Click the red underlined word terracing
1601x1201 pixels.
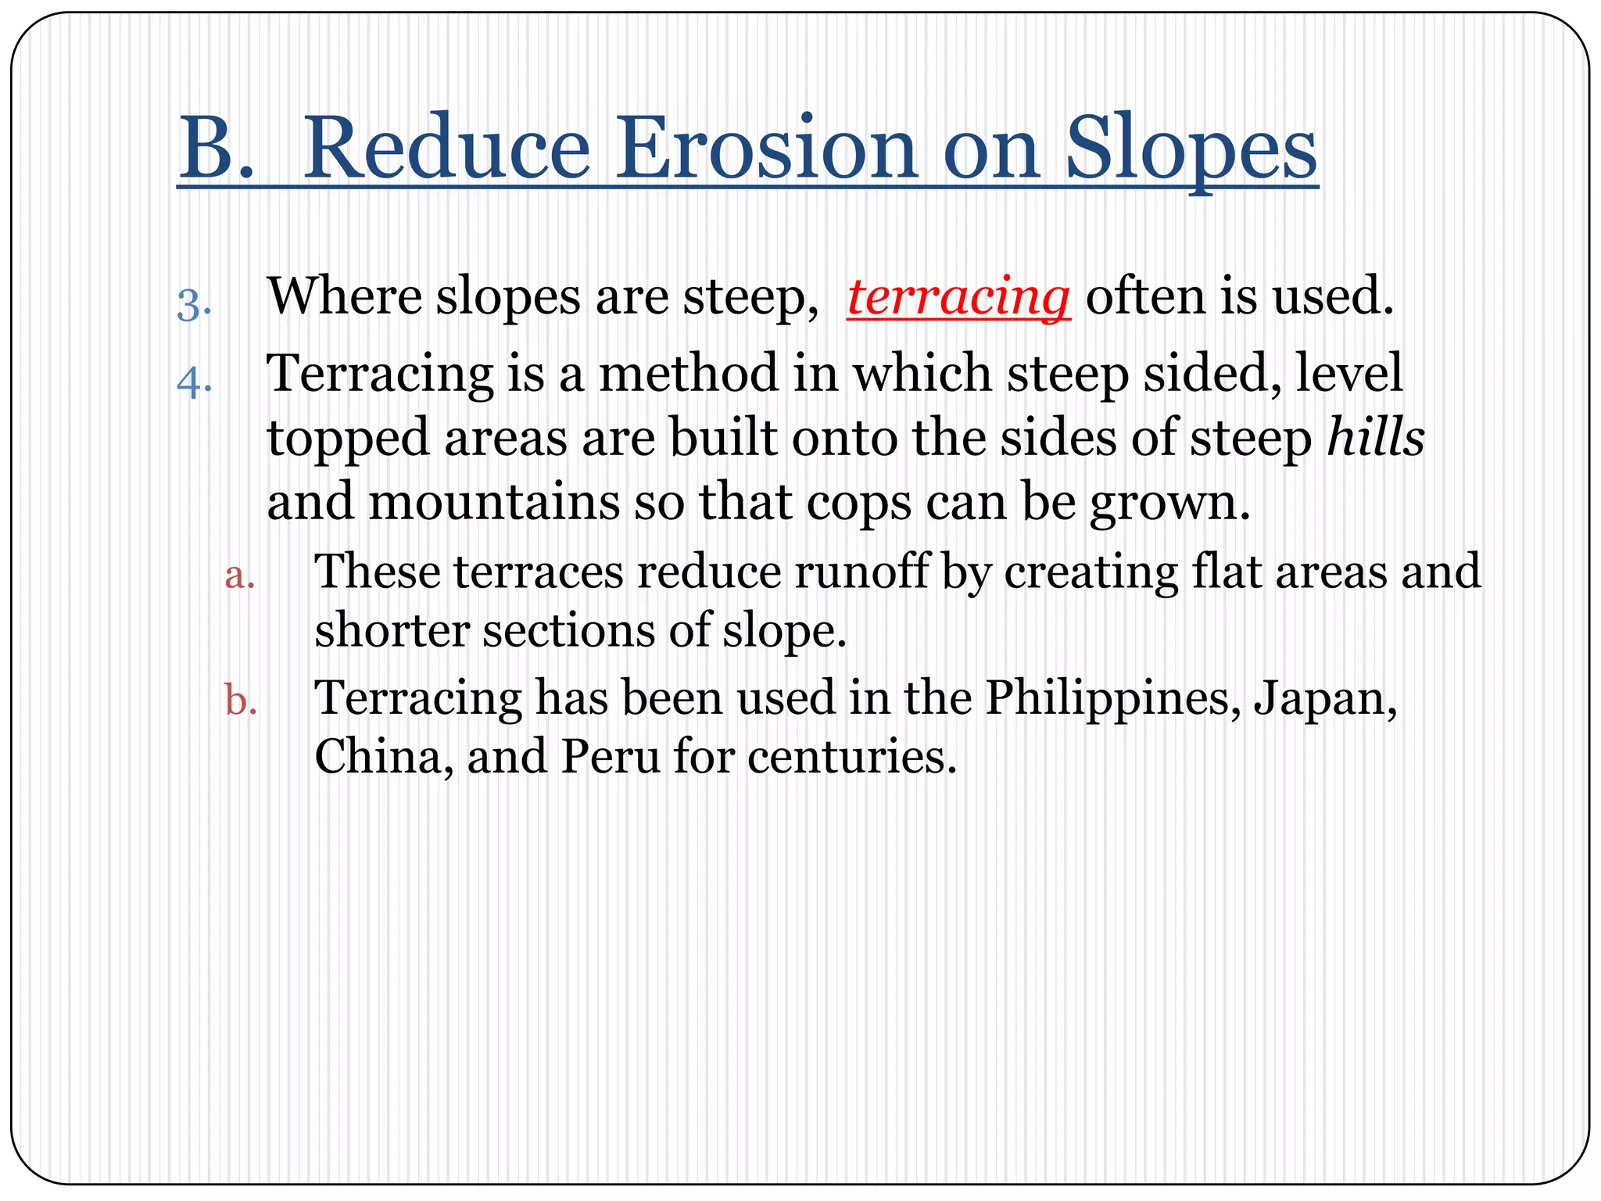(x=958, y=297)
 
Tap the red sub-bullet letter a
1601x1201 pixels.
(x=239, y=575)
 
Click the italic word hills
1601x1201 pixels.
(x=1375, y=438)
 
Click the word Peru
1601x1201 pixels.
(x=610, y=757)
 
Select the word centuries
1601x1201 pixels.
(x=851, y=757)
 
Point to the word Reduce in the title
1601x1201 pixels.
(x=446, y=149)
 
